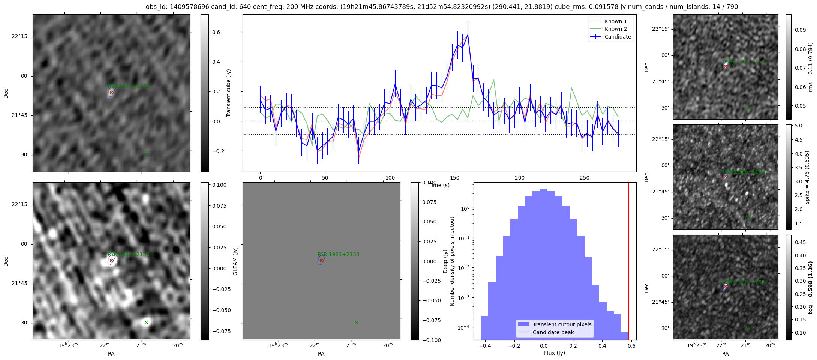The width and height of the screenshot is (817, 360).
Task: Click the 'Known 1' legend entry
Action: [615, 21]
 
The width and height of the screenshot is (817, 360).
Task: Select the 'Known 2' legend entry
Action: [615, 29]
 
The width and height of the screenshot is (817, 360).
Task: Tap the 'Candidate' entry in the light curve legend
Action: [618, 37]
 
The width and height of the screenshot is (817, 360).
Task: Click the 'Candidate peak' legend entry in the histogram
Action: [553, 332]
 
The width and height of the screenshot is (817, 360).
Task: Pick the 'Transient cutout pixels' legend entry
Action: [562, 324]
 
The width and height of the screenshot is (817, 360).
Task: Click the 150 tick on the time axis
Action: [455, 178]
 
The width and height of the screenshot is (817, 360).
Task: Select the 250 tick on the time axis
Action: [585, 178]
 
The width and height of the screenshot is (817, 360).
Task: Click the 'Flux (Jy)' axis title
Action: [554, 353]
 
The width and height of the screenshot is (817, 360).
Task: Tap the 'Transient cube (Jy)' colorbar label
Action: [229, 93]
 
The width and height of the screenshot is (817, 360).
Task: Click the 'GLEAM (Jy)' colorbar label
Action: [235, 261]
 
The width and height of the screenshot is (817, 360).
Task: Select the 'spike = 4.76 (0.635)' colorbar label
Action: [807, 177]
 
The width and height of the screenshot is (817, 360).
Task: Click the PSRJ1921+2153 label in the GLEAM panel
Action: [338, 254]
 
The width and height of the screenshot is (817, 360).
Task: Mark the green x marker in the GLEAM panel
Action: [356, 322]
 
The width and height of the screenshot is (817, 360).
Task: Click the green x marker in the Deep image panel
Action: [146, 322]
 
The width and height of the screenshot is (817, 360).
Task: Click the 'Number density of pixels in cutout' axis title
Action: [452, 261]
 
